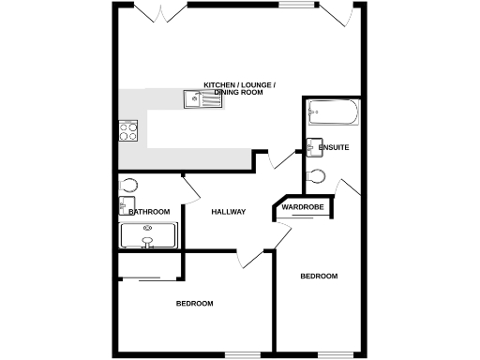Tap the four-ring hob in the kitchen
point(127,131)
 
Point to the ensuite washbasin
point(311,146)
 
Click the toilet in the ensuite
point(316,175)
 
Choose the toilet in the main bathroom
point(128,185)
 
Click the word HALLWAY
point(228,212)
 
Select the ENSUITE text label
point(334,148)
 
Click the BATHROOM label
point(149,212)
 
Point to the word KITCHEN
point(219,85)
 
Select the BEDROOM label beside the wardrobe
point(319,276)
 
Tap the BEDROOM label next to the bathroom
point(194,303)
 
